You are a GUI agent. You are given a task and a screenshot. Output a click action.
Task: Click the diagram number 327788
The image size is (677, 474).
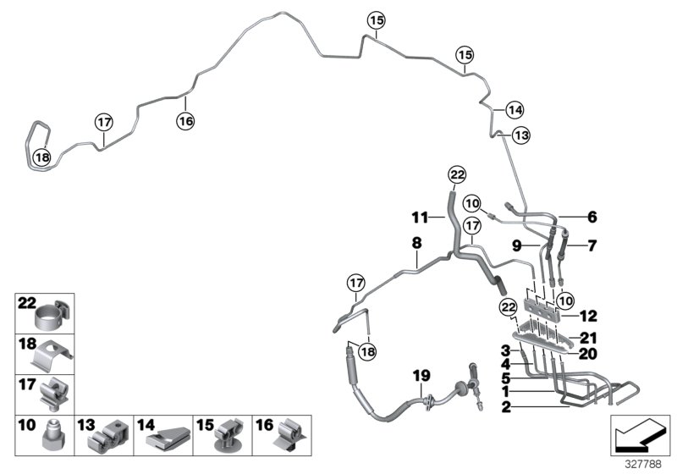pos(646,463)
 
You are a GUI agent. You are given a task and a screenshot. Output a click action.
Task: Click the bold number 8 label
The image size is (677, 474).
pos(416,243)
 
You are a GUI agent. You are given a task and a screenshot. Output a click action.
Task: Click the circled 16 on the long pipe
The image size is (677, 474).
pos(185,122)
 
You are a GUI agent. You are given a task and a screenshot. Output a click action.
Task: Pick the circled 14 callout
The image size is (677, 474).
pos(515,109)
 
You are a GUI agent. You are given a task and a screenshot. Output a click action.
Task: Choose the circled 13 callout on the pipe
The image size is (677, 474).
pos(521,135)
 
